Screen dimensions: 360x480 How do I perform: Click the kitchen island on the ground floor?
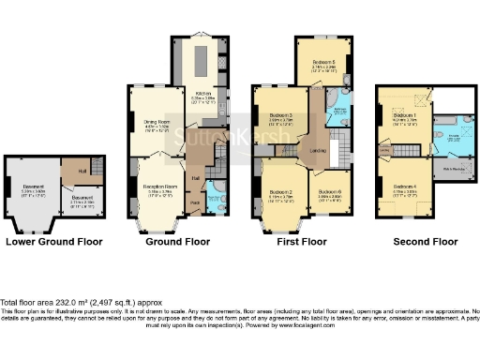[201, 61]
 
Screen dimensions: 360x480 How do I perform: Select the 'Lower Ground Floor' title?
[52, 242]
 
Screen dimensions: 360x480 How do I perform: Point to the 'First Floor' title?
[302, 242]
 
